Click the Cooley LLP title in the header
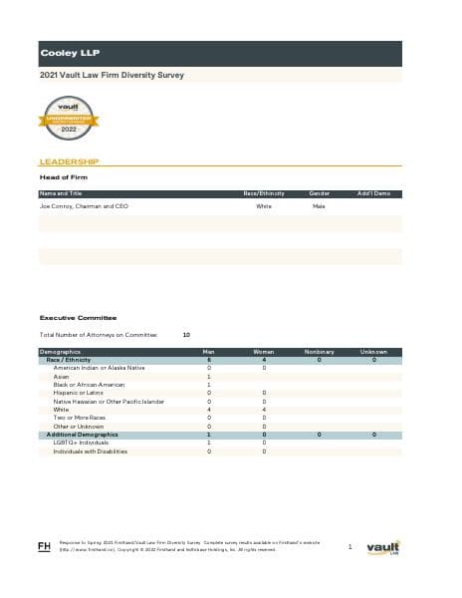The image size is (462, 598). coord(70,53)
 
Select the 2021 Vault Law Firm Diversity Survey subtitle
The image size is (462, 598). coord(112,75)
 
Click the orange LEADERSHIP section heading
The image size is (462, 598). coord(68,160)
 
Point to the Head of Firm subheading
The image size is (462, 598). coord(63,177)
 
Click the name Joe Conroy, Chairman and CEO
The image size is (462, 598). coord(84,206)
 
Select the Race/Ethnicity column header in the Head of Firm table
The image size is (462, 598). coord(264,192)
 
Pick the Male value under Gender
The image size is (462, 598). coord(319,206)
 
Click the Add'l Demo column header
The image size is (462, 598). coord(373,192)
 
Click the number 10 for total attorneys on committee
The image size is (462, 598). coord(187,335)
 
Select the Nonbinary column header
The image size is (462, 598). coord(319,352)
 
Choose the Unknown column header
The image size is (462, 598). coord(373,352)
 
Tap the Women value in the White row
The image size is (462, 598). coord(264,410)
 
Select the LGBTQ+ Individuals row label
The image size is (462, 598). coord(80,444)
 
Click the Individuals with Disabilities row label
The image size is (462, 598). coord(91,451)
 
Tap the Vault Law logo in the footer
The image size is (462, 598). coord(382,547)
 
